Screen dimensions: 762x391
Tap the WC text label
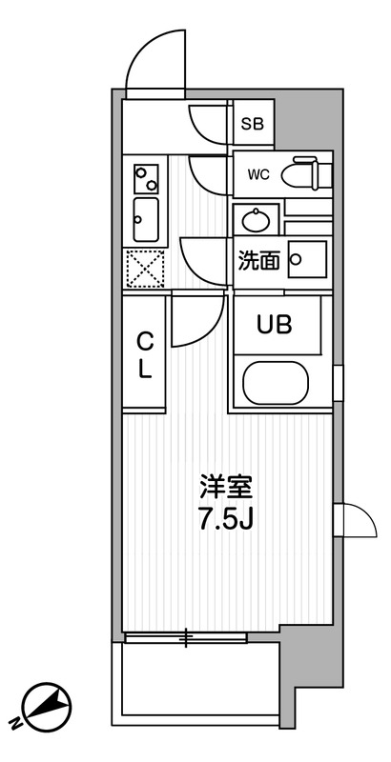257,175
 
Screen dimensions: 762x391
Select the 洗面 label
258,260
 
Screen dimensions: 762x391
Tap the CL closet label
145,355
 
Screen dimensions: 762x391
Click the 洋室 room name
225,488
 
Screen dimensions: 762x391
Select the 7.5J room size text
225,522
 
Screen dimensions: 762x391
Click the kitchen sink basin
146,220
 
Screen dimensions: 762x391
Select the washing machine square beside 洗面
307,258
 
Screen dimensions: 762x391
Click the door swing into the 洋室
201,319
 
